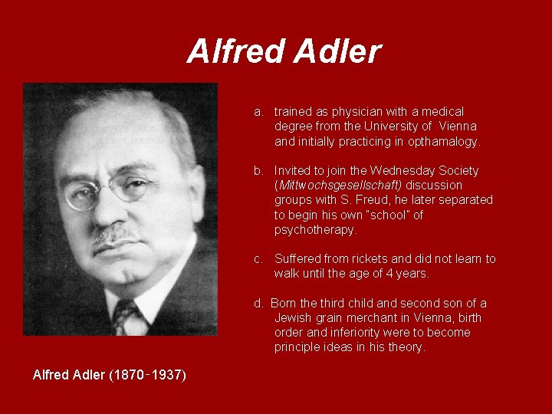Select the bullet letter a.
coord(259,112)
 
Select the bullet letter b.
coord(259,171)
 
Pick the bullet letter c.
coord(259,259)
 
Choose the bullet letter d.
coord(259,304)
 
